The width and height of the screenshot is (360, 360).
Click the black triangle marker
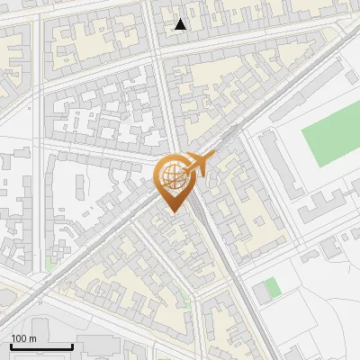point(181,24)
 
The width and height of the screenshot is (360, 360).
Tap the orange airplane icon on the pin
point(196,166)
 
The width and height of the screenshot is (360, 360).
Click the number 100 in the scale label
point(20,338)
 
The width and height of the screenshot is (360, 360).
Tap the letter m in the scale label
point(33,338)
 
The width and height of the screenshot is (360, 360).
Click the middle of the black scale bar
point(41,346)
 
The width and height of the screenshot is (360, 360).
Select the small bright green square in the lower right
point(267,288)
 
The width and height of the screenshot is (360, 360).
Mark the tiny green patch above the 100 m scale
point(49,267)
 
